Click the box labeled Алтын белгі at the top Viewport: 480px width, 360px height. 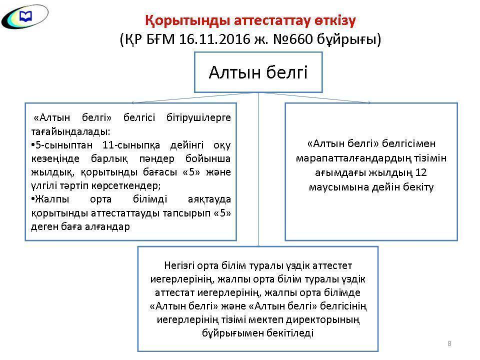(x=258, y=72)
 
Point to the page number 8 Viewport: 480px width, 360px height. (x=449, y=343)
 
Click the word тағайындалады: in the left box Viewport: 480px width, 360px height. (x=69, y=131)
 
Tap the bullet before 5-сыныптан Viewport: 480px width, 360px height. (x=32, y=145)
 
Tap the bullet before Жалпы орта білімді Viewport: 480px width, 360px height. (x=32, y=199)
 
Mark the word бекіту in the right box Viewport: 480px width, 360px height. (x=419, y=187)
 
